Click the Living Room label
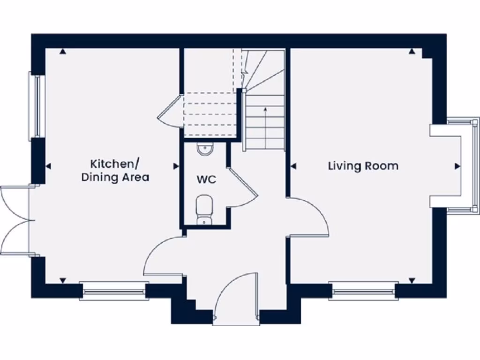[x=363, y=166]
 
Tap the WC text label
[x=206, y=180]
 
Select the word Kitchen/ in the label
[x=115, y=164]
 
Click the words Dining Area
[x=115, y=178]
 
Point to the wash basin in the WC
[x=205, y=149]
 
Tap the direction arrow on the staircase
[x=266, y=110]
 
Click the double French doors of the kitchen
[x=15, y=221]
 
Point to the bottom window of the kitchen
[x=114, y=291]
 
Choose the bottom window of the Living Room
[x=363, y=291]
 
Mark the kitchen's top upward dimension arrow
[x=63, y=52]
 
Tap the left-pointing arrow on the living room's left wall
[x=293, y=166]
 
